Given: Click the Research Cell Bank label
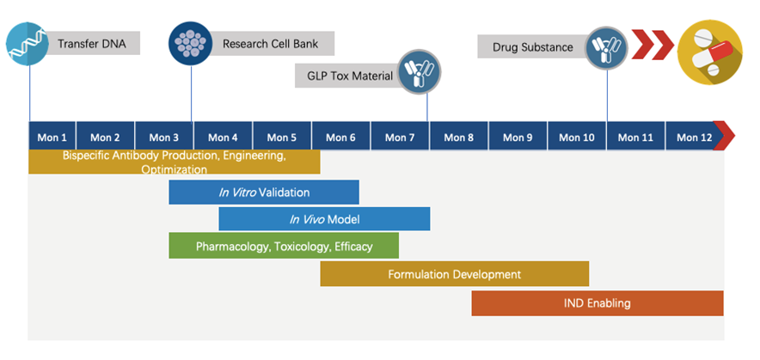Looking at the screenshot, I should tap(266, 44).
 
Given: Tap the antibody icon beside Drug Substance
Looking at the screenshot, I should tap(608, 46).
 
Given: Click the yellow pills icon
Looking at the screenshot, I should tap(710, 51).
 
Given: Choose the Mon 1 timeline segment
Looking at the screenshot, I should tap(52, 137).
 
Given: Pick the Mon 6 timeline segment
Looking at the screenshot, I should tap(340, 137).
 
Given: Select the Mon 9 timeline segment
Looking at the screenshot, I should tap(518, 137).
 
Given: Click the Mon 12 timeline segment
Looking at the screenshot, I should tap(695, 137).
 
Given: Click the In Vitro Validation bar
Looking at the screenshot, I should tap(264, 192).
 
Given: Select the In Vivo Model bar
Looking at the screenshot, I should tap(324, 219).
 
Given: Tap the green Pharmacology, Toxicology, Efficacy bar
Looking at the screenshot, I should tap(284, 247).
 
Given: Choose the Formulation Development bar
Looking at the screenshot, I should tap(454, 275).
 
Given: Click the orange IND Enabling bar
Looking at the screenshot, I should tap(597, 303).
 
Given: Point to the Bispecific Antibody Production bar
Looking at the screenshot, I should tap(174, 162).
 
